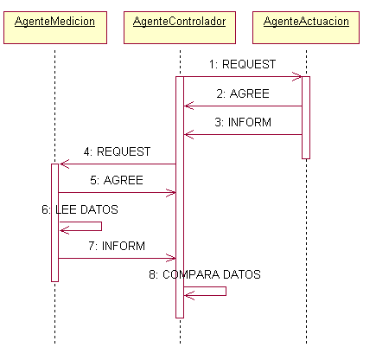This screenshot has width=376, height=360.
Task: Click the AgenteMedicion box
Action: coord(55,28)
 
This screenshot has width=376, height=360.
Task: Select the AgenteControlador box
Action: coord(180,28)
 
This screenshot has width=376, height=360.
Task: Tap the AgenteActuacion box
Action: coord(306,28)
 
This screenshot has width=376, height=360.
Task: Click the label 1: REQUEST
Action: coord(242,64)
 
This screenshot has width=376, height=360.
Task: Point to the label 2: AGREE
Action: coord(243,93)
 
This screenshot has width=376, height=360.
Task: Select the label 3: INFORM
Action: coord(243,122)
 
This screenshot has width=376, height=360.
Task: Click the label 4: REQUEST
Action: coord(117,151)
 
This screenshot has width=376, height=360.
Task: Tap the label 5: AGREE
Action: coord(117,180)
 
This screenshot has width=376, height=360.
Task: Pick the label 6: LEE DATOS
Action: coord(80,209)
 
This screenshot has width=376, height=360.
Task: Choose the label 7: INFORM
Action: coord(117,246)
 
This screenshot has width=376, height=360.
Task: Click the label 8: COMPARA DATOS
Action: coord(205,274)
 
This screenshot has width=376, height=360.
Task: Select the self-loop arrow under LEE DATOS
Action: coord(101,227)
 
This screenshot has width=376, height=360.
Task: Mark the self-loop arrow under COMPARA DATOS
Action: coord(226,292)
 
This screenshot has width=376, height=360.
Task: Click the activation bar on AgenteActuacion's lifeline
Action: coord(306,118)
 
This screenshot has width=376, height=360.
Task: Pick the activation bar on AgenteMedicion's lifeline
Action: coord(54,222)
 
